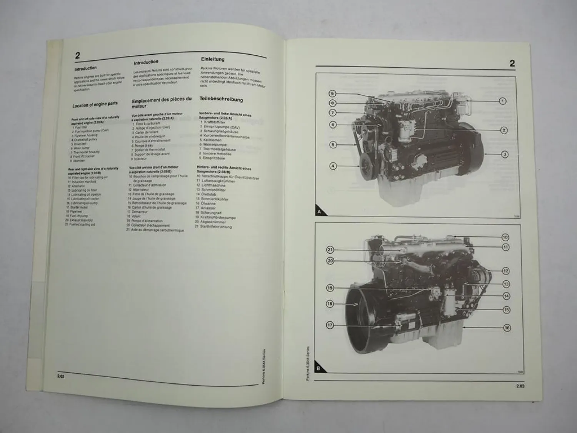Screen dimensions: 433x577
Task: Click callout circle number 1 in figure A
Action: (x=502, y=101)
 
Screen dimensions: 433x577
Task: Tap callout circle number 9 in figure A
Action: (x=333, y=94)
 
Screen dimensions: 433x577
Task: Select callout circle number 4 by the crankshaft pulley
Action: (x=333, y=166)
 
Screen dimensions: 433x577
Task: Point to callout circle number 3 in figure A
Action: (x=505, y=154)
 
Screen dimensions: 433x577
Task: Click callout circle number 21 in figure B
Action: (x=330, y=250)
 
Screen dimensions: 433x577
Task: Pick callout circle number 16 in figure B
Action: (x=507, y=328)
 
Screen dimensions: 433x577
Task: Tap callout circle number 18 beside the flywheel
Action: (x=330, y=304)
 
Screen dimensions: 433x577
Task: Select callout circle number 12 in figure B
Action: (x=505, y=271)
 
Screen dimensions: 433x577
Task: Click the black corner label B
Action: (x=319, y=368)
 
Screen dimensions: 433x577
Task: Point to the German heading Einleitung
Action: (x=213, y=59)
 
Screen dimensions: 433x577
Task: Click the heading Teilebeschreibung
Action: (x=221, y=99)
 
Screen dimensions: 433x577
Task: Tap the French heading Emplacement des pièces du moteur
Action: (x=161, y=102)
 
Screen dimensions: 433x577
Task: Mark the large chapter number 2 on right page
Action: (x=512, y=64)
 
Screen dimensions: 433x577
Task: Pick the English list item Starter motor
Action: (x=79, y=207)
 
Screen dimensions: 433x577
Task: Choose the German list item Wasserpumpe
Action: (x=215, y=145)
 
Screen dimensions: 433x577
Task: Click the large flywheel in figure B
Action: (x=362, y=316)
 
